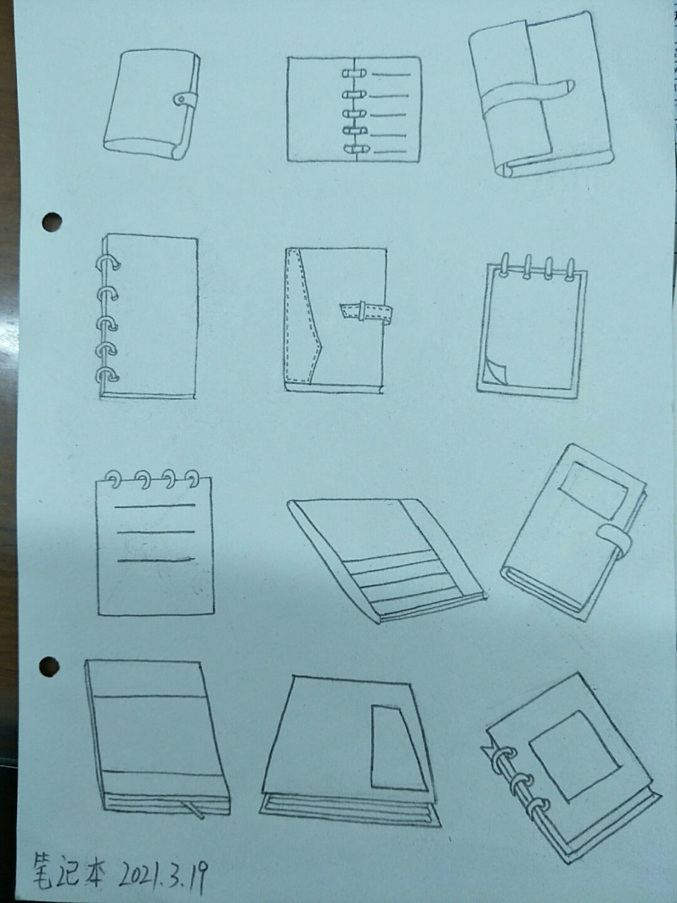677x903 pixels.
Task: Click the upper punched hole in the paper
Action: tap(51, 222)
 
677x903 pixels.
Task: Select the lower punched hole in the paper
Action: tap(49, 666)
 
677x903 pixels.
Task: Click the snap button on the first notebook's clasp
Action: tap(181, 99)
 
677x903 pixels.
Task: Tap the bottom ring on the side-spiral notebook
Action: tap(107, 375)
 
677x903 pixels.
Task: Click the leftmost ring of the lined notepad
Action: tap(115, 480)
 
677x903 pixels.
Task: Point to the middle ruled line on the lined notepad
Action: tap(156, 533)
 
